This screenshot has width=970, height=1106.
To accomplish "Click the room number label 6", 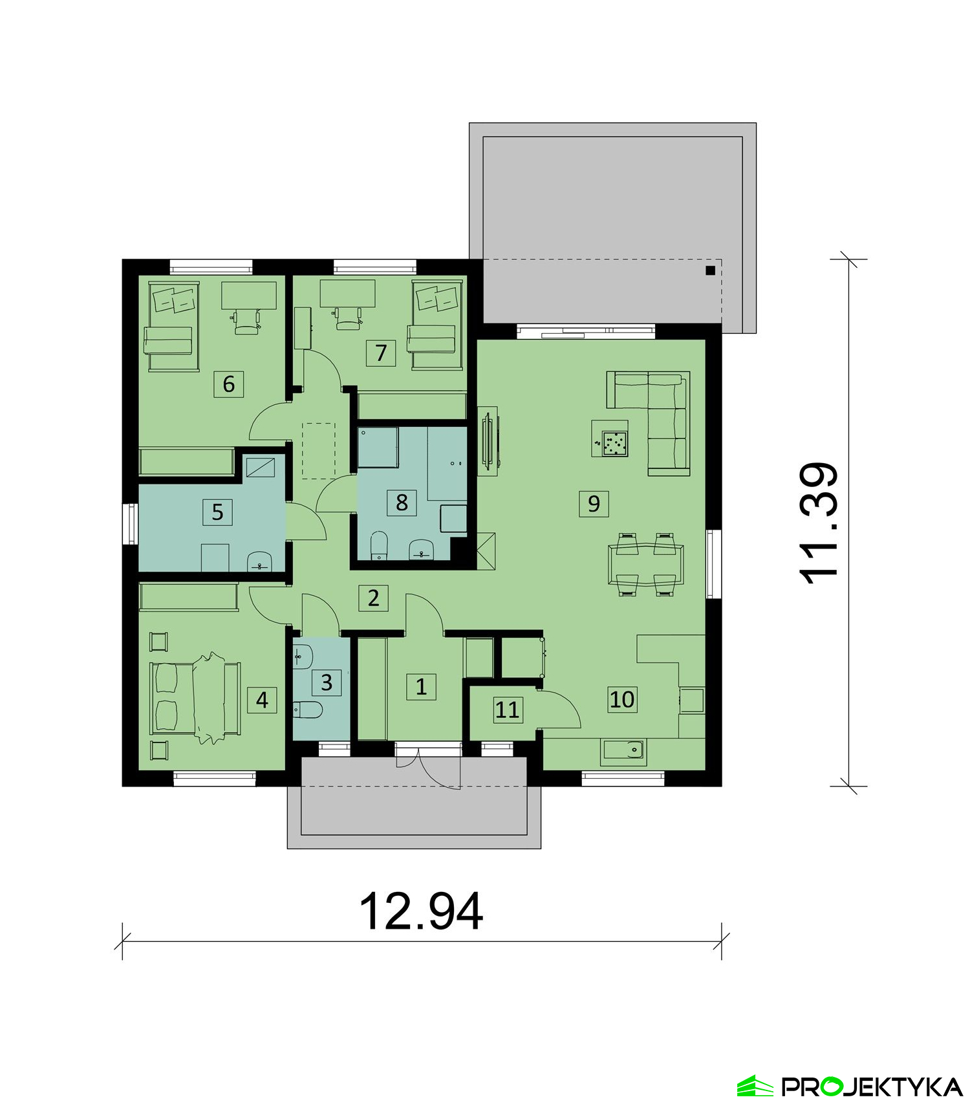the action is [229, 384].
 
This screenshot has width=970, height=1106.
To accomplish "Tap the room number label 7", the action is [381, 353].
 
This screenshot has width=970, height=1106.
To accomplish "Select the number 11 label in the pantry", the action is [507, 710].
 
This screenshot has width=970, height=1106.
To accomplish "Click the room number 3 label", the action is [327, 682].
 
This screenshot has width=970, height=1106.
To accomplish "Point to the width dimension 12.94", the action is [421, 911].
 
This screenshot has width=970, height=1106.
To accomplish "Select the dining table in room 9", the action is [645, 564].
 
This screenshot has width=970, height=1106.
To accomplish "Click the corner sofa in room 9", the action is [649, 423].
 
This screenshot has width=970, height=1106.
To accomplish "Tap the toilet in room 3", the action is [307, 711].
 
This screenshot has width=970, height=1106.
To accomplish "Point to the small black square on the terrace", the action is [710, 271].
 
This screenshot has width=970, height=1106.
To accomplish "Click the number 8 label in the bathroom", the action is [402, 502].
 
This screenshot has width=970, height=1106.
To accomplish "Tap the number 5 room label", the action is [217, 512].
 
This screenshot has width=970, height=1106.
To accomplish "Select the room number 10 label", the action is [622, 699].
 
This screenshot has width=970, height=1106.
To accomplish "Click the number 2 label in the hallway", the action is [373, 598].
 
